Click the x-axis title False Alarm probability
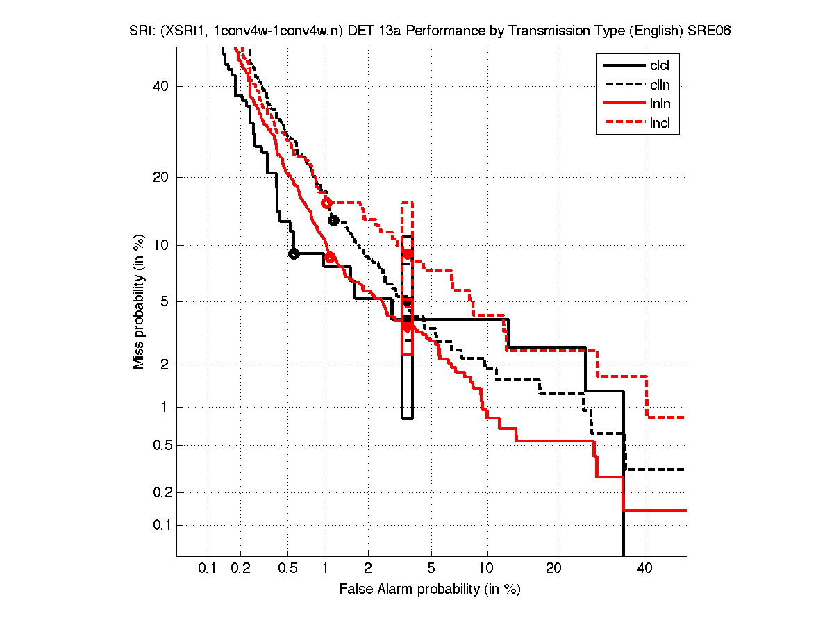pyautogui.click(x=430, y=590)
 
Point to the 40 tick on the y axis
pyautogui.click(x=162, y=86)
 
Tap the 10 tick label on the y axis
pyautogui.click(x=162, y=245)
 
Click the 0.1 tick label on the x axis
pyautogui.click(x=208, y=569)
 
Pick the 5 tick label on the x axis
pyautogui.click(x=431, y=569)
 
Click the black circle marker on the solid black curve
pyautogui.click(x=294, y=253)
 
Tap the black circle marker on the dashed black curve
pyautogui.click(x=333, y=220)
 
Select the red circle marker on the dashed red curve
pyautogui.click(x=326, y=203)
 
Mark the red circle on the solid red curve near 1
pyautogui.click(x=331, y=258)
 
